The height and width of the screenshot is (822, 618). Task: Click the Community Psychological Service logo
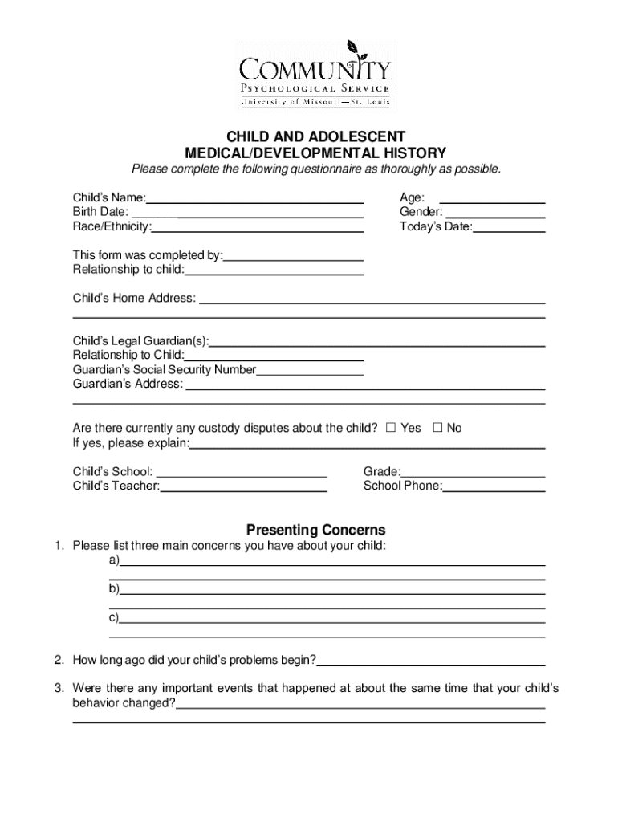pyautogui.click(x=314, y=74)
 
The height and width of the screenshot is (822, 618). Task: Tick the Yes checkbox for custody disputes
pyautogui.click(x=391, y=428)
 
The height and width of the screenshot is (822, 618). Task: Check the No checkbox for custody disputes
pyautogui.click(x=437, y=428)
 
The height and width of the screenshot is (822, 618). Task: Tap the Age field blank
pyautogui.click(x=493, y=198)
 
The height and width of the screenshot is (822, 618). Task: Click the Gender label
pyautogui.click(x=421, y=213)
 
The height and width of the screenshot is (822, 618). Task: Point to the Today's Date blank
pyautogui.click(x=510, y=227)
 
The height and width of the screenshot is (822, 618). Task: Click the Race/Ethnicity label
pyautogui.click(x=112, y=227)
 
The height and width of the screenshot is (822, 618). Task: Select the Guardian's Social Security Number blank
pyautogui.click(x=310, y=370)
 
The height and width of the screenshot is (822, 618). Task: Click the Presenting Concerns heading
pyautogui.click(x=315, y=530)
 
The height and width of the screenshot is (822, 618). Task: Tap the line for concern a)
pyautogui.click(x=332, y=561)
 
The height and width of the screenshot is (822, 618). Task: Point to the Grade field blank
pyautogui.click(x=474, y=472)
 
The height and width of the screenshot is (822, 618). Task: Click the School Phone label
pyautogui.click(x=401, y=486)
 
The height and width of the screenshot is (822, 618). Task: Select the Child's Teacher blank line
pyautogui.click(x=243, y=486)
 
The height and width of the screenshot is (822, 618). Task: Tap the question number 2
pyautogui.click(x=59, y=661)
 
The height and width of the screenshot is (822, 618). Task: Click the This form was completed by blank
pyautogui.click(x=294, y=256)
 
